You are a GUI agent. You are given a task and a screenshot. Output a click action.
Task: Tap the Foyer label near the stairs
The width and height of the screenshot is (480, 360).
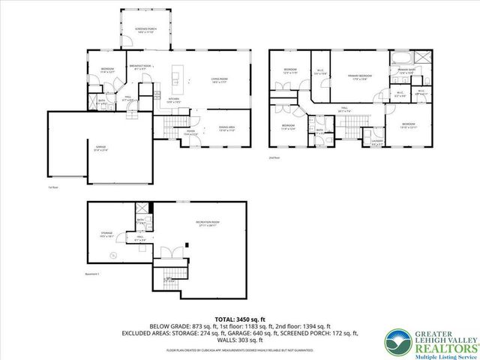click(x=191, y=133)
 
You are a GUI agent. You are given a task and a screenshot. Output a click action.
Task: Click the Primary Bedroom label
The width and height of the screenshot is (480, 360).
click(x=355, y=77)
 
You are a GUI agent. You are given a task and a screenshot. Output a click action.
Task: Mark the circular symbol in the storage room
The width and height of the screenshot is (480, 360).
click(x=114, y=256)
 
